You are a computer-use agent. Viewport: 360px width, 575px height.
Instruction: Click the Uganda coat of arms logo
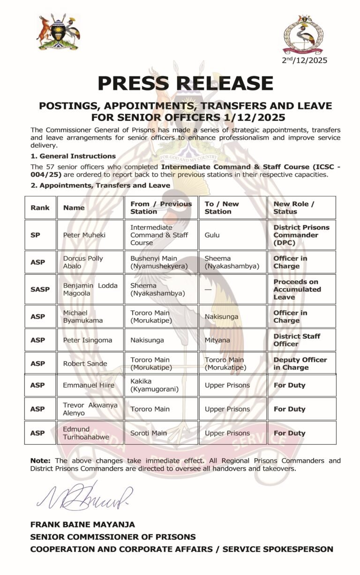coord(59,32)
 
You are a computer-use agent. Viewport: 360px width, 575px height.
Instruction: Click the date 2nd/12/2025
coord(304,60)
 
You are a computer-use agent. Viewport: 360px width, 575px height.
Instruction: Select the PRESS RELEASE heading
coord(185,83)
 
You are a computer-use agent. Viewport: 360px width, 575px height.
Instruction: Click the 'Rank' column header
coord(40,208)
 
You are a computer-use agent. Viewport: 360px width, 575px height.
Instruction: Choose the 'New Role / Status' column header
coord(294,208)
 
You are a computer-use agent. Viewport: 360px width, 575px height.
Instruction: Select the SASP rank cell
coord(40,289)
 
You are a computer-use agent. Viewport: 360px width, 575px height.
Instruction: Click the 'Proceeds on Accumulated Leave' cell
coord(297,289)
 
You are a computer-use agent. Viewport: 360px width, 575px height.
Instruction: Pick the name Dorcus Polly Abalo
coord(83,262)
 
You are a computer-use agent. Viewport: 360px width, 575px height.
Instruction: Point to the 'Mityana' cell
coord(217,340)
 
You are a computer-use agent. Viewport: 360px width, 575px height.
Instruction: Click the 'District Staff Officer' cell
coord(297,340)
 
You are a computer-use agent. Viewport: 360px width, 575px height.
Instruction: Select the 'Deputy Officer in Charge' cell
coord(300,363)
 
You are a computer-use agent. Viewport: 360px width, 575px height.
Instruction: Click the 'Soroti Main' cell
coord(148,433)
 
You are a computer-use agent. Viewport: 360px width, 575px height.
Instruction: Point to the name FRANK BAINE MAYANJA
coord(82,524)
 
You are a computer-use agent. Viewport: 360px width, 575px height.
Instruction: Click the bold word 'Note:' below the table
coord(41,461)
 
